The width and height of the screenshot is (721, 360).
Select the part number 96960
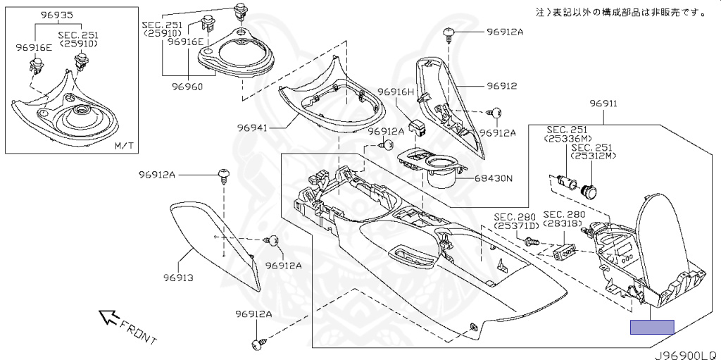[x=187, y=87]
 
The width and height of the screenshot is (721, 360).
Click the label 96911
[x=603, y=104]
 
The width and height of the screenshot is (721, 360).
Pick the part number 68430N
[x=493, y=178]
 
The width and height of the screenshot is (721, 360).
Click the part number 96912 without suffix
[x=502, y=87]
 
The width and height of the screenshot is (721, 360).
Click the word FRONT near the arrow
[x=138, y=332]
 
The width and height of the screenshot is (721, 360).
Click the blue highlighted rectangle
[x=652, y=327]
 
